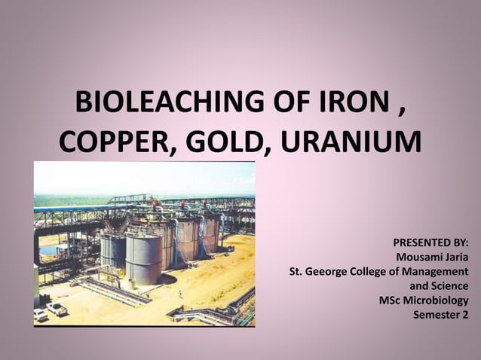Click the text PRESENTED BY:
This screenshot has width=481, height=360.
coord(430,243)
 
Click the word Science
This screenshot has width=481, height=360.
coord(449,285)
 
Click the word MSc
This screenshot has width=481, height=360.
coord(394,300)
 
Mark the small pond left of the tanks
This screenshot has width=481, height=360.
coord(48,249)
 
